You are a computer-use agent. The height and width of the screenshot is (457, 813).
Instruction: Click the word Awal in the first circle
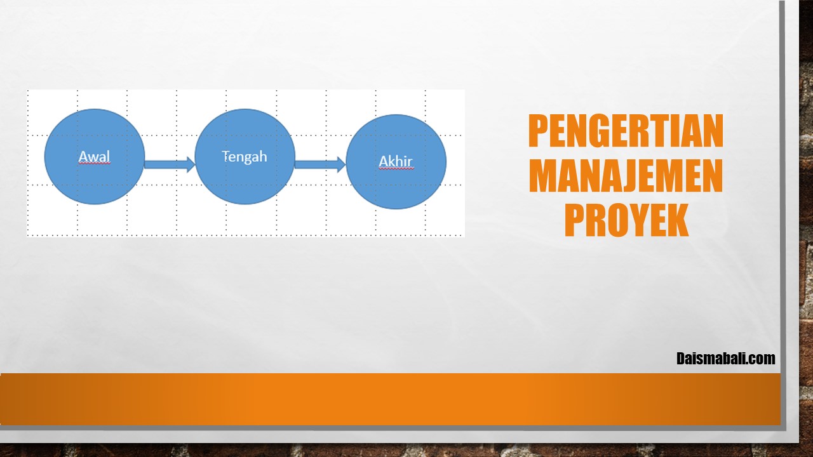(95, 157)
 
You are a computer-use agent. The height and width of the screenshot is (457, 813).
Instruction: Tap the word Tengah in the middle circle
(245, 157)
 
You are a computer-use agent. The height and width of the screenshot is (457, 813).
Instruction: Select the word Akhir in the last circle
(396, 161)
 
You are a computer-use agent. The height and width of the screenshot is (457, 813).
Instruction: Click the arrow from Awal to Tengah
(170, 164)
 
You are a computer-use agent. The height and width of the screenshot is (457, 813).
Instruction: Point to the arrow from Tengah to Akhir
(320, 164)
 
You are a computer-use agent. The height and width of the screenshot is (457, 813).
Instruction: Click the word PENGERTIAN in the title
(626, 131)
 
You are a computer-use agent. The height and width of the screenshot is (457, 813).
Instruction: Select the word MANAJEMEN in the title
(626, 176)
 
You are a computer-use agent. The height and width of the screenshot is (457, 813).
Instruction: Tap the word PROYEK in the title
(626, 220)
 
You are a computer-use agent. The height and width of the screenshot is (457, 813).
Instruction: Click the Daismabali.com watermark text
(726, 359)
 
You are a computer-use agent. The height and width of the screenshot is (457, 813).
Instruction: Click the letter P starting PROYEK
(575, 220)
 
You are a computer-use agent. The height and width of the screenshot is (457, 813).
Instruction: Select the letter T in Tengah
(225, 156)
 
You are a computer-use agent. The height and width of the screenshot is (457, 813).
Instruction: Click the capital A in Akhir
(384, 161)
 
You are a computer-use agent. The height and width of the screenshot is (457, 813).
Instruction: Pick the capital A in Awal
(84, 157)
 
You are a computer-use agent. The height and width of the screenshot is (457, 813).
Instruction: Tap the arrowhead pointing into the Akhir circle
(341, 164)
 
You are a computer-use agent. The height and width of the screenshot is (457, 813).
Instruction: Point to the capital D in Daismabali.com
(681, 359)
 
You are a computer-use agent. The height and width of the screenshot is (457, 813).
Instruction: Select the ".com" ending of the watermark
(762, 359)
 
